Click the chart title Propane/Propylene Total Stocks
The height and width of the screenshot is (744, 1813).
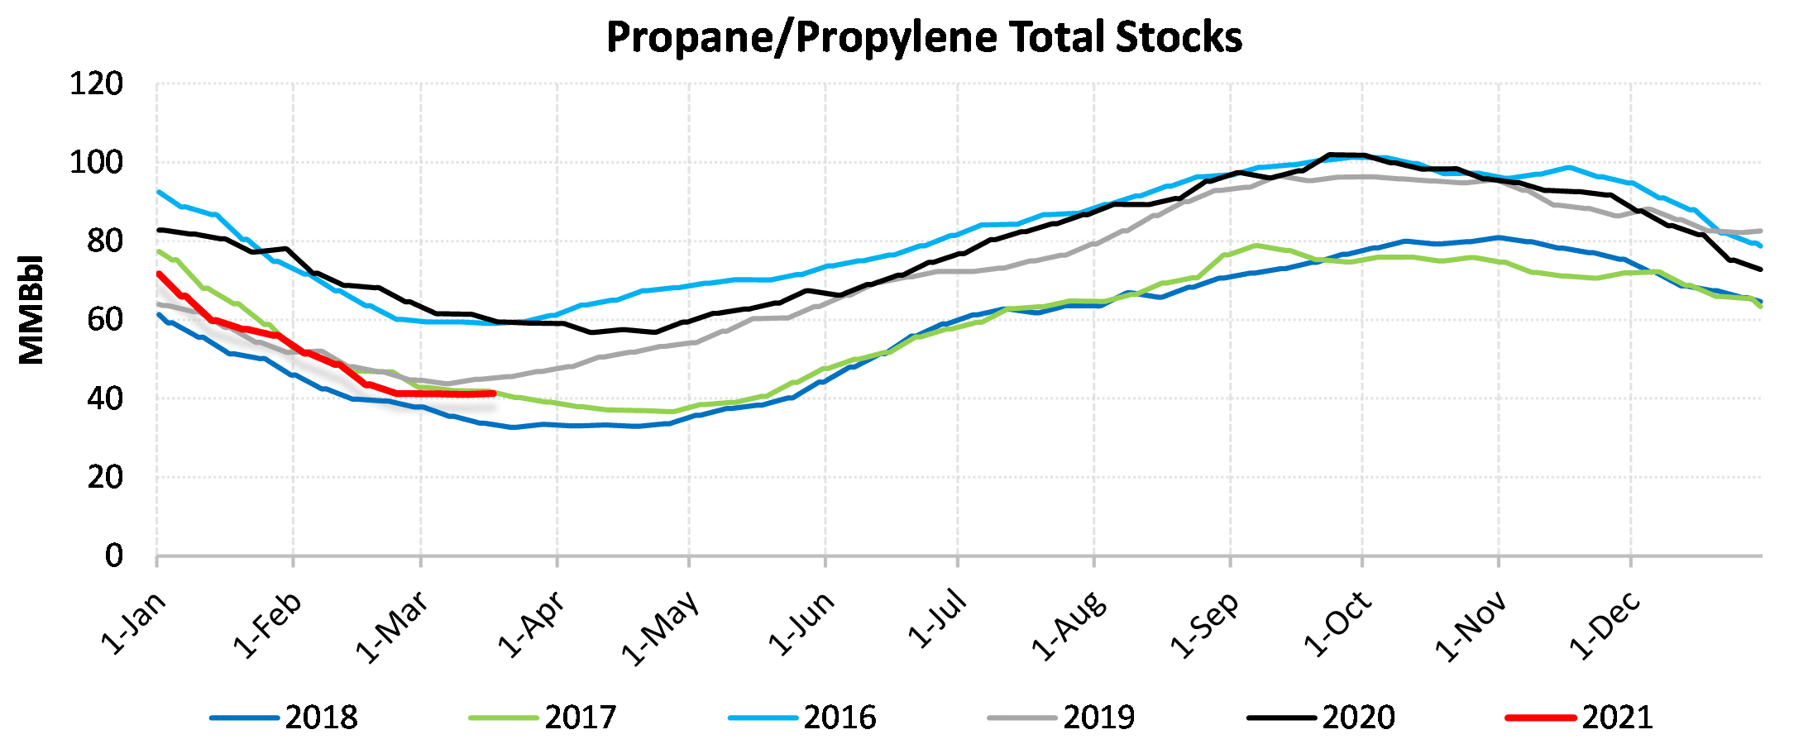click(x=924, y=37)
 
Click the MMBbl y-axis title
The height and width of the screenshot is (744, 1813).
click(x=31, y=310)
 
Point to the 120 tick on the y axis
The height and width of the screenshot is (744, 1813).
click(x=96, y=84)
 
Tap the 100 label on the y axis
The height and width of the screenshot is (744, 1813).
click(x=96, y=163)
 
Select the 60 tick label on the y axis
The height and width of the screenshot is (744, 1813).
click(x=105, y=320)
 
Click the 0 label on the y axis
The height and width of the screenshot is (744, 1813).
click(x=114, y=556)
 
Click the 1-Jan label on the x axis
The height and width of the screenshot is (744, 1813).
click(x=134, y=622)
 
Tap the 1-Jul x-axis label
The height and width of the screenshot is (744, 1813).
click(x=937, y=618)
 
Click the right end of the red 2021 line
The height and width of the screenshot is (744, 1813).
click(x=493, y=393)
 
